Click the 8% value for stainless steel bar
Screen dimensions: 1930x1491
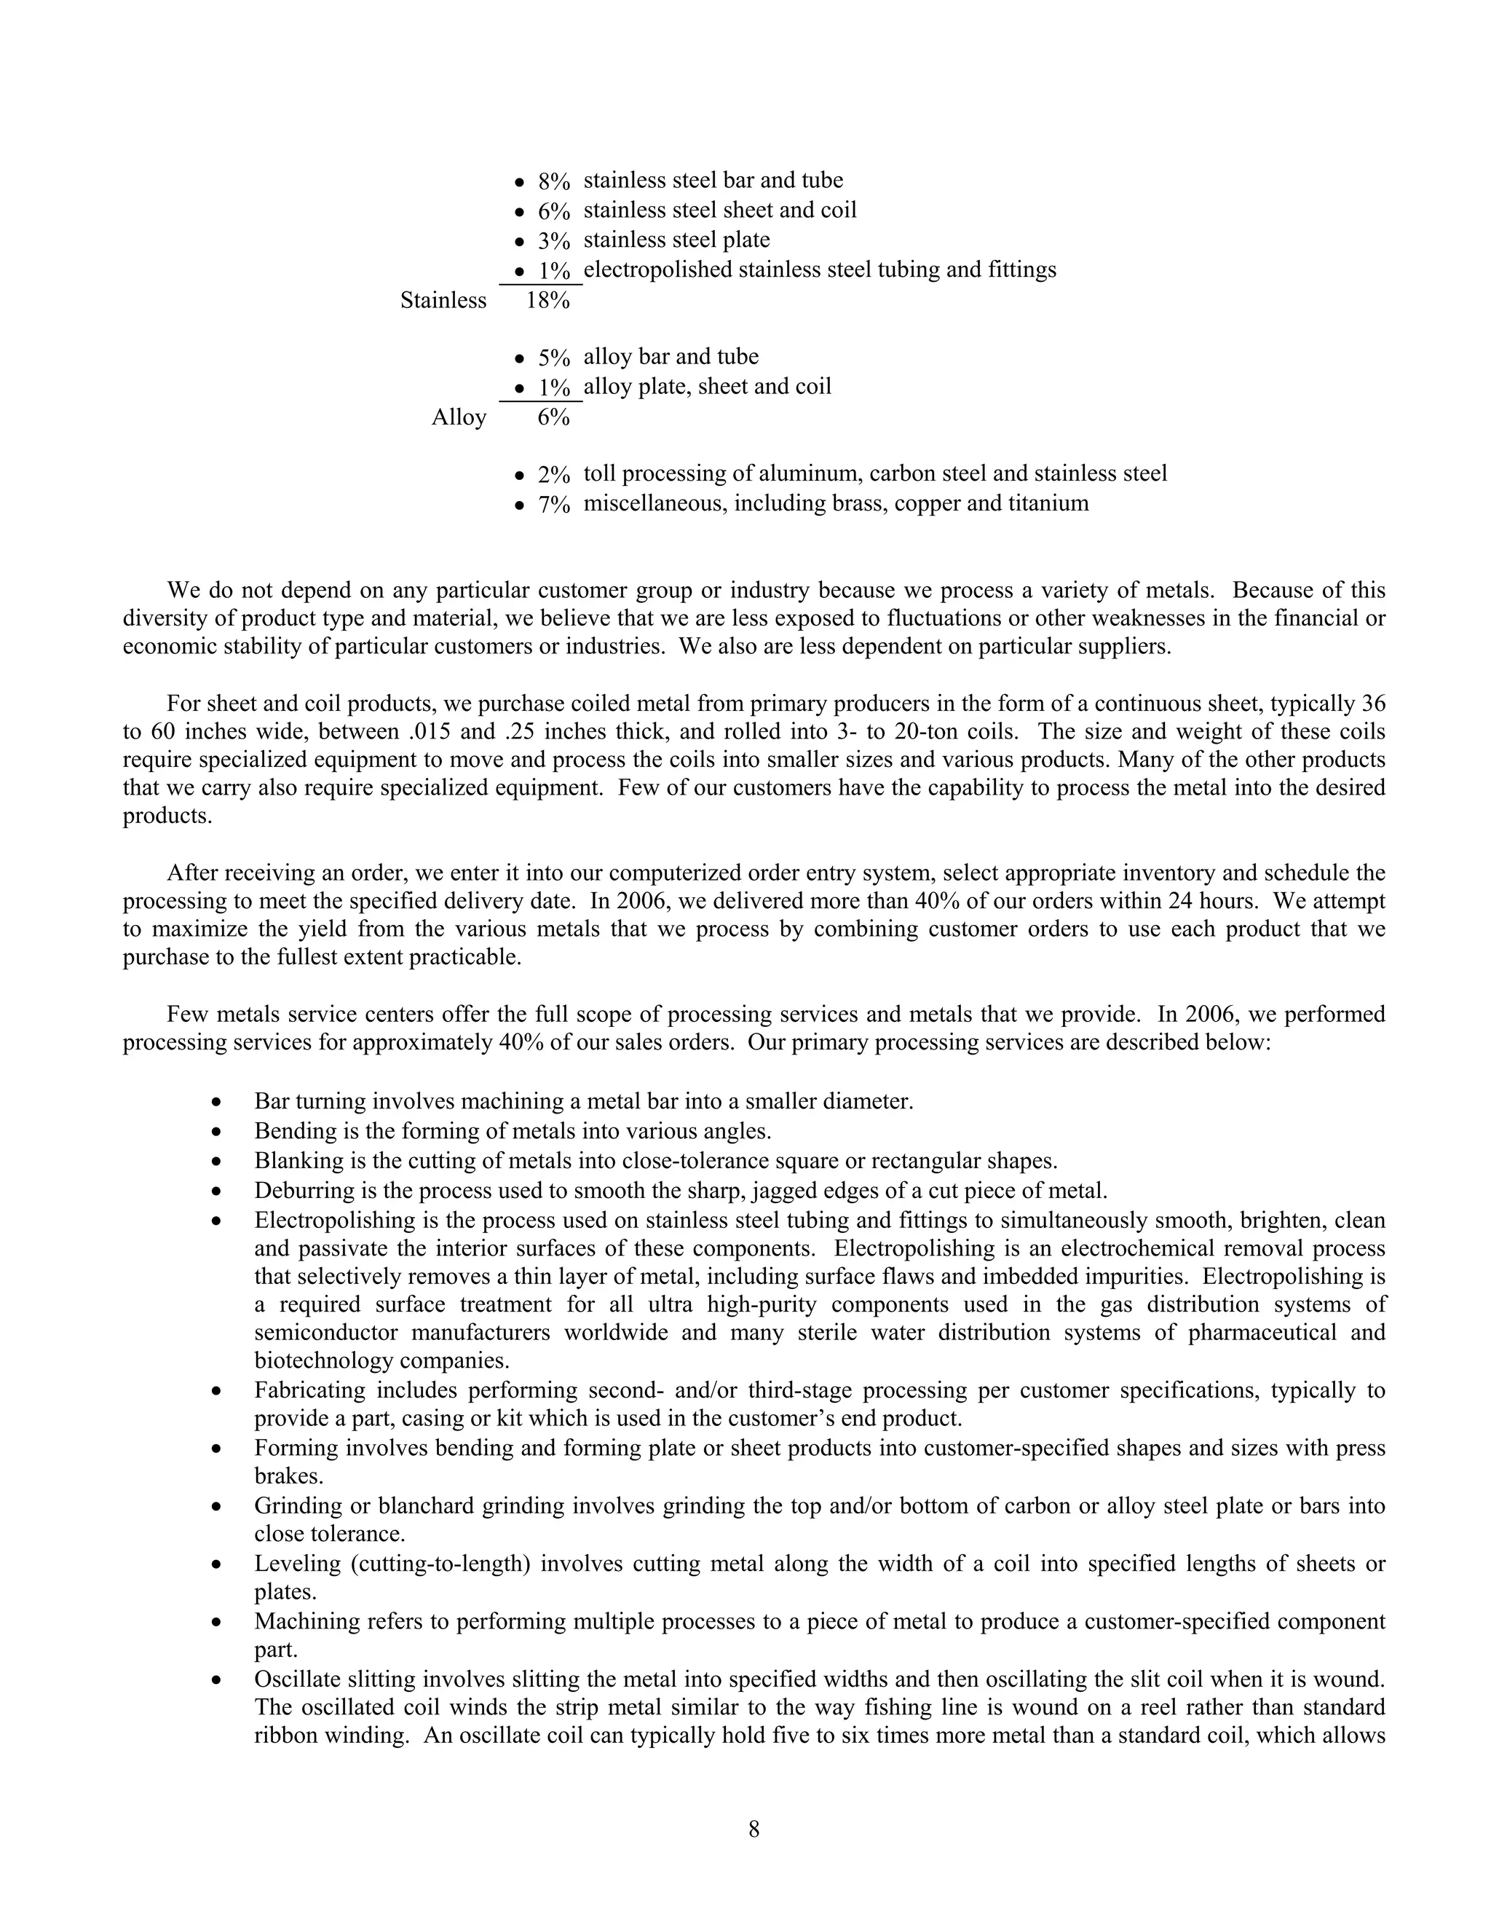[554, 182]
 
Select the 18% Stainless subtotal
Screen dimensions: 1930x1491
[547, 301]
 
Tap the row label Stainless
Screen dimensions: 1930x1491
[443, 301]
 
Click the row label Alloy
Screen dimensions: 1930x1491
[459, 417]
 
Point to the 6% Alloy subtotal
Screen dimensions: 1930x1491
[554, 417]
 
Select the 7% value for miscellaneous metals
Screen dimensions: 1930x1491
[554, 505]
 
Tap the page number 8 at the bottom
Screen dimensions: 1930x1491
[754, 1828]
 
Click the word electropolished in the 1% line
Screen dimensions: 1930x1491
[657, 269]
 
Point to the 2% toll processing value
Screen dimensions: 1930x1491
[554, 476]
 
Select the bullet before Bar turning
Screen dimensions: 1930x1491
[215, 1103]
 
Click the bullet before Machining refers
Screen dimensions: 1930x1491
[215, 1623]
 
